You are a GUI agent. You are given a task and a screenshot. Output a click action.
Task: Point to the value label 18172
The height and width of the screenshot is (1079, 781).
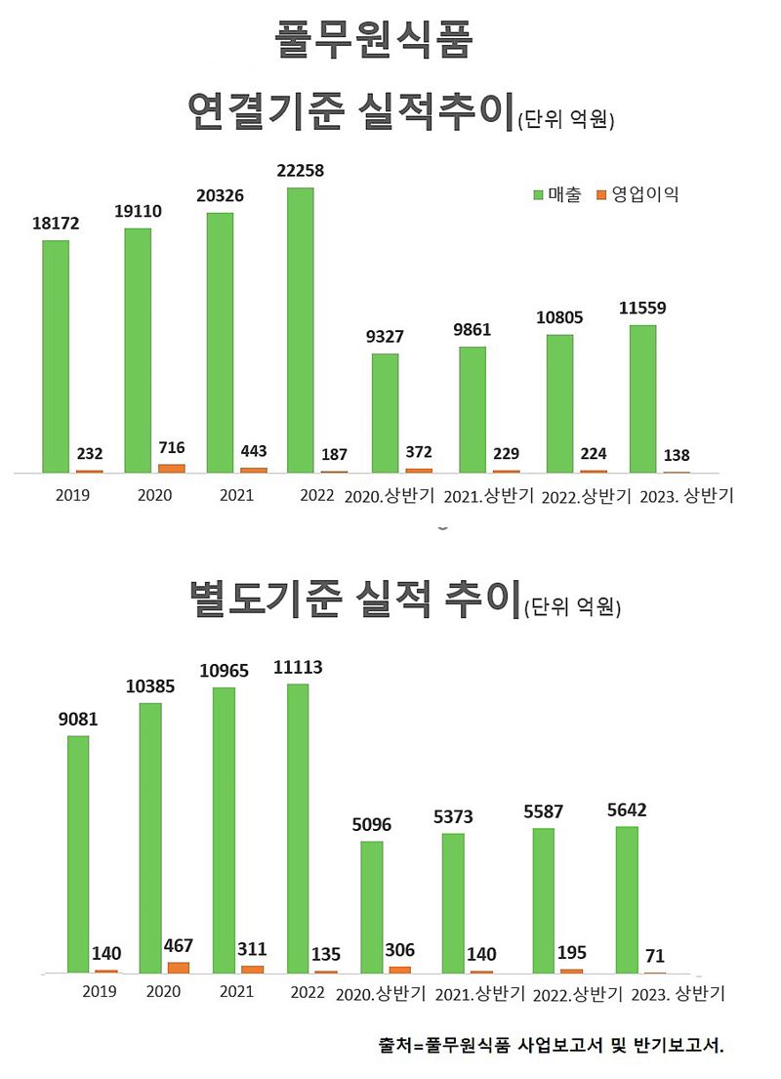(55, 224)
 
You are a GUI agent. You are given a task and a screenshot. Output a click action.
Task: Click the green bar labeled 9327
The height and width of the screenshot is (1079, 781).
(385, 413)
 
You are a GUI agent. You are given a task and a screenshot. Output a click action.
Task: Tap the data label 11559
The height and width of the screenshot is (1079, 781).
(643, 308)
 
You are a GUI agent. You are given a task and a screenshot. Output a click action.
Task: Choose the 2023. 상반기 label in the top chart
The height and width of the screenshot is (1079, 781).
(686, 496)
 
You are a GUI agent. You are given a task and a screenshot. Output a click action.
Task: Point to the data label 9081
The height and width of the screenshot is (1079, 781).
(78, 720)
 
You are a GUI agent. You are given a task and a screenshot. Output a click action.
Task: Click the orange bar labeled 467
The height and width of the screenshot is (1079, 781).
(178, 967)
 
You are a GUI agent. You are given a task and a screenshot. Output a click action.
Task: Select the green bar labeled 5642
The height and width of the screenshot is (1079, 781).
(627, 899)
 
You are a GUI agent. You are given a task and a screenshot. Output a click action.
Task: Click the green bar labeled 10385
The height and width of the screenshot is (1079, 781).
(150, 838)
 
